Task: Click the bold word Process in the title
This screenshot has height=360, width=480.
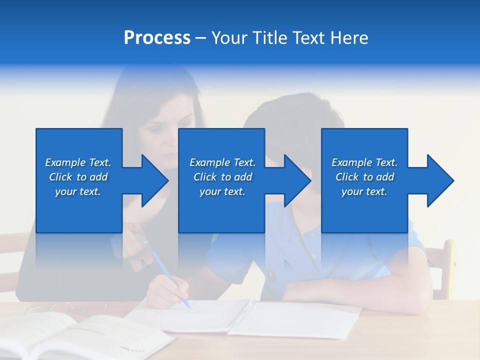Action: (x=157, y=38)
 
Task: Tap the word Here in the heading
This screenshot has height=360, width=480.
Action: (x=349, y=38)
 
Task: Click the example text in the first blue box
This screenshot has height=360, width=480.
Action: (x=78, y=177)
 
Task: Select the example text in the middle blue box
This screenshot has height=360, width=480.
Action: (x=222, y=177)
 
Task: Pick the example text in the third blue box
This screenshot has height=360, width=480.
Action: (x=364, y=177)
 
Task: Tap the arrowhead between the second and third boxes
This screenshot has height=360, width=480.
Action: (x=295, y=180)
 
